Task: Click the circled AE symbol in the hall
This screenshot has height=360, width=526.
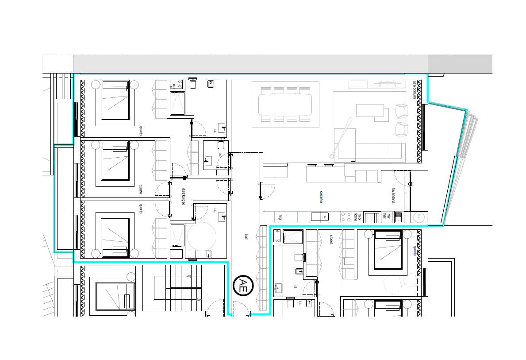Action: (x=243, y=286)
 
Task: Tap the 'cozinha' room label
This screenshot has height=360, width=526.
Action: (x=322, y=197)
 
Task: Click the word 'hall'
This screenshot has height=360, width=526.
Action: (x=246, y=237)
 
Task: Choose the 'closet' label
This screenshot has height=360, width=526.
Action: (x=331, y=240)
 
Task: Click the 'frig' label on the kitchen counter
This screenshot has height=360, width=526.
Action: (x=280, y=217)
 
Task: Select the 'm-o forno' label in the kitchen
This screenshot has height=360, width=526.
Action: (x=359, y=217)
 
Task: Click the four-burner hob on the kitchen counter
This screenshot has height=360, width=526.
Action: (x=346, y=217)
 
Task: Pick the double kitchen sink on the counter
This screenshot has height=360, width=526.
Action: (x=320, y=217)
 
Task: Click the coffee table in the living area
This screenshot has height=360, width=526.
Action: (x=369, y=110)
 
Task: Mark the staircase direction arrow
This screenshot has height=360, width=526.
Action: (x=188, y=276)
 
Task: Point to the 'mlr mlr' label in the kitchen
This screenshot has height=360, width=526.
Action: (x=385, y=217)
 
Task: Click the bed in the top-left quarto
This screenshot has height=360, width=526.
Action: (x=115, y=100)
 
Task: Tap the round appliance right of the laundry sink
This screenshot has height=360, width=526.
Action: (x=418, y=217)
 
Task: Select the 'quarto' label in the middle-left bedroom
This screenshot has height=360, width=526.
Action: (x=141, y=189)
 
